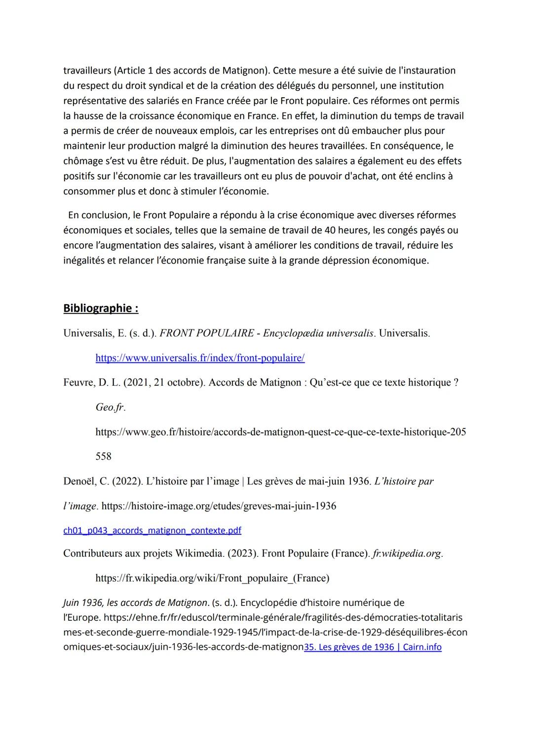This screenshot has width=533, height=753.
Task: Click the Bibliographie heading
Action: (101, 309)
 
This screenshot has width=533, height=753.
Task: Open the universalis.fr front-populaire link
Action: (200, 358)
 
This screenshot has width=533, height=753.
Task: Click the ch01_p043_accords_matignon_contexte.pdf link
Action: (152, 530)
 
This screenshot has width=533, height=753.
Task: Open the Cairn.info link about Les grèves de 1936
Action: (373, 647)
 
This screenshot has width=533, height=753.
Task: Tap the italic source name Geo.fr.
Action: (110, 407)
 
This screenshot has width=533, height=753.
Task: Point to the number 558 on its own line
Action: (104, 456)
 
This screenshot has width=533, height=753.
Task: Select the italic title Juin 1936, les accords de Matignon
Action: (135, 602)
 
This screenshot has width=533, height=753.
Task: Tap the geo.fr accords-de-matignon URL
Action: (280, 432)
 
